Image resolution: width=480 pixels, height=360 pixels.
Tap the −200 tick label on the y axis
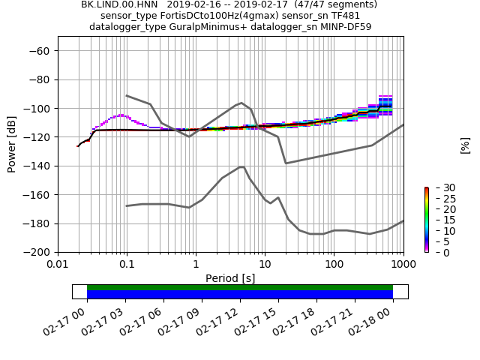[x=39, y=253]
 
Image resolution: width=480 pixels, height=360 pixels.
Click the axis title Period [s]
[x=230, y=278]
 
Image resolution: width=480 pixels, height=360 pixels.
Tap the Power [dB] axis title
[x=12, y=145]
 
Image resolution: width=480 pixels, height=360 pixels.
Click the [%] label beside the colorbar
[x=465, y=145]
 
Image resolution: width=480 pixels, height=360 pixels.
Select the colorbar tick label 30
[x=439, y=187]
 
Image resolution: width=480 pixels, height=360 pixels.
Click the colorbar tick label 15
[x=439, y=220]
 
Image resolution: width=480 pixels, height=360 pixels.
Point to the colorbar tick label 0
[x=436, y=253]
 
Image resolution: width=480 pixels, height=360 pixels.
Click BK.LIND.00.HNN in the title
[x=117, y=4]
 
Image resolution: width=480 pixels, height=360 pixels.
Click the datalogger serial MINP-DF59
[x=343, y=27]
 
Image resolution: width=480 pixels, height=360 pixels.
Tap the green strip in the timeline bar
[x=240, y=287]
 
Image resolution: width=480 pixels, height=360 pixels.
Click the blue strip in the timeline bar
[x=240, y=295]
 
